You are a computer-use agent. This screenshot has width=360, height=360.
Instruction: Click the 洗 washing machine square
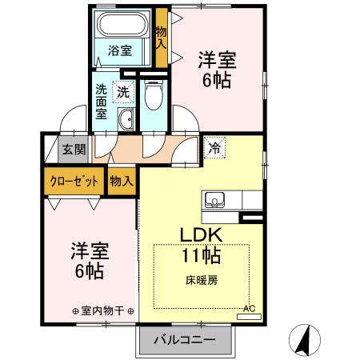click(x=123, y=91)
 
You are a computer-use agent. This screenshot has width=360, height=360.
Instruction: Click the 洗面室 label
click(x=102, y=102)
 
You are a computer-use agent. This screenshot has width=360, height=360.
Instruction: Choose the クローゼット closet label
click(x=74, y=182)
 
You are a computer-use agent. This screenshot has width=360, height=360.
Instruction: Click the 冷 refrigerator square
click(x=214, y=146)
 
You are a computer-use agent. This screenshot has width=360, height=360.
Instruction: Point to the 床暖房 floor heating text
click(x=203, y=280)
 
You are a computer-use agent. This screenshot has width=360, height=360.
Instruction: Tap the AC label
click(x=249, y=309)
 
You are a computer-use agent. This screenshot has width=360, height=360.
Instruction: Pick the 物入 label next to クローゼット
click(x=120, y=182)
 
